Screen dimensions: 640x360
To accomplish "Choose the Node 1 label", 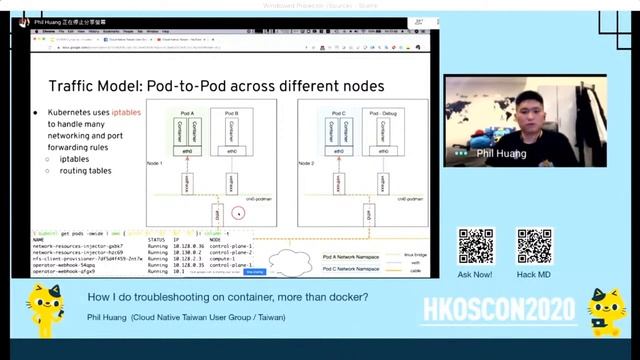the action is (x=154, y=162).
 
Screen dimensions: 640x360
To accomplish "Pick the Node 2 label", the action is (x=308, y=162).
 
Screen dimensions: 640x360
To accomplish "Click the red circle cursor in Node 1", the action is (x=238, y=212).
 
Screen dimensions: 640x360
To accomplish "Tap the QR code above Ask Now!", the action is (x=475, y=246).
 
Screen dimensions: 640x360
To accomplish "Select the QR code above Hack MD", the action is (x=534, y=246).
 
